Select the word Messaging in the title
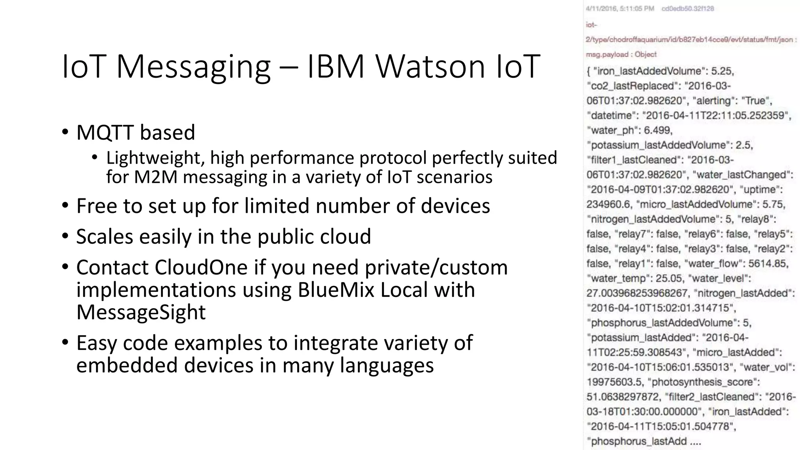coord(193,66)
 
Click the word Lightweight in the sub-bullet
coord(155,158)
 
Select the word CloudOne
coord(201,268)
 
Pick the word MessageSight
coord(141,312)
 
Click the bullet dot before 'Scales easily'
coord(65,236)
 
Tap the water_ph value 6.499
coord(658,130)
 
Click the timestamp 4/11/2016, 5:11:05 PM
coord(620,9)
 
